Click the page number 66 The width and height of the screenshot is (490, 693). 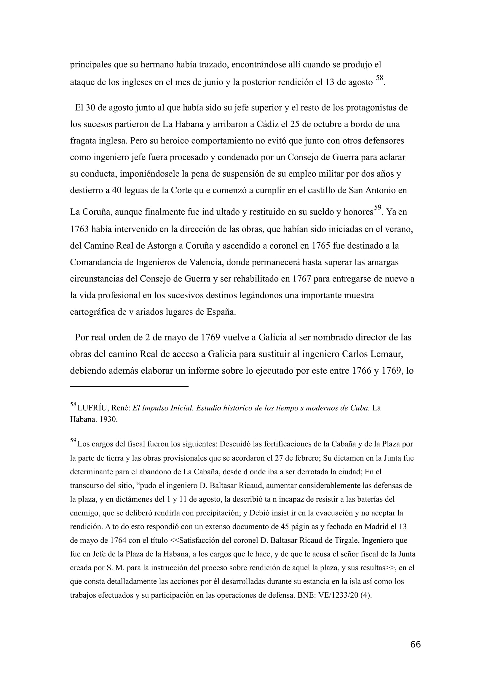(x=415, y=644)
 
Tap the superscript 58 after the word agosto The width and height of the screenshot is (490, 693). (x=379, y=78)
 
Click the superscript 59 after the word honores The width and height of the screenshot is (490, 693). (x=377, y=207)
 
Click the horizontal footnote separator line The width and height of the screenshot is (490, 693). (x=129, y=386)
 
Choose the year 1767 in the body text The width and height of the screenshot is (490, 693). (x=301, y=279)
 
